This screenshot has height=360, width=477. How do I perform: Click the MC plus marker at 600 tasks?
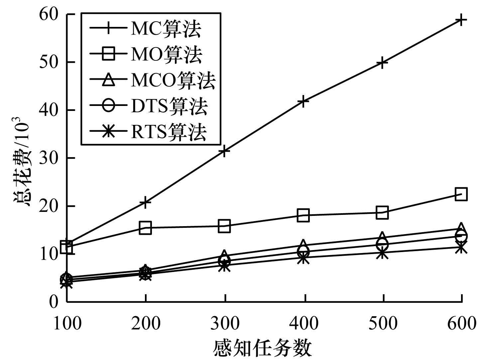click(x=461, y=20)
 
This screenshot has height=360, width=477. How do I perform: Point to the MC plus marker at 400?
click(x=303, y=101)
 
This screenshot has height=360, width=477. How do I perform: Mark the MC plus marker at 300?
click(x=224, y=151)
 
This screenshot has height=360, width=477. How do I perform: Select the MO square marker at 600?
click(x=461, y=194)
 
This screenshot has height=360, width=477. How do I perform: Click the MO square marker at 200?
click(x=145, y=228)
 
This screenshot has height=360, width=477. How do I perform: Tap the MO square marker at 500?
click(x=382, y=213)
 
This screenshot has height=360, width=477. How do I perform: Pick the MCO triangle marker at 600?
click(x=461, y=228)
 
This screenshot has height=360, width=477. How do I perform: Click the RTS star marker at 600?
click(x=461, y=247)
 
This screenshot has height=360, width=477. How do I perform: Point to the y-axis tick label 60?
click(x=50, y=14)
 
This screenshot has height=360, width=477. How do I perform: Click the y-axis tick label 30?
click(x=50, y=158)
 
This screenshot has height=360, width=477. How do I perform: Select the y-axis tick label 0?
click(x=54, y=302)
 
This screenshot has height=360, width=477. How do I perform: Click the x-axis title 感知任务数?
click(x=263, y=349)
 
